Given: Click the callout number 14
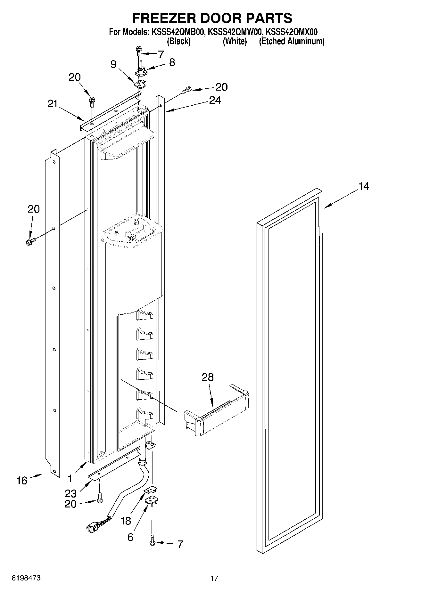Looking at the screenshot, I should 364,186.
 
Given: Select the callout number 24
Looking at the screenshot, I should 215,100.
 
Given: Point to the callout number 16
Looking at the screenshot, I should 22,480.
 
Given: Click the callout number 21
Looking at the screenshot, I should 53,104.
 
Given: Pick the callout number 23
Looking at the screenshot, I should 70,493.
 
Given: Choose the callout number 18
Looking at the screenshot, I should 126,521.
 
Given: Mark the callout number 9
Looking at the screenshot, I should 113,64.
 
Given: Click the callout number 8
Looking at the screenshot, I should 172,62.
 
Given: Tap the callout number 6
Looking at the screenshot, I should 130,537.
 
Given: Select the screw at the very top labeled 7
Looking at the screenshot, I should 139,50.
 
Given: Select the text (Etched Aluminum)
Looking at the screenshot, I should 292,41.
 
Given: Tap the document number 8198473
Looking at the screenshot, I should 26,578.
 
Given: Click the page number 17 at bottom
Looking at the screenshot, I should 214,578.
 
